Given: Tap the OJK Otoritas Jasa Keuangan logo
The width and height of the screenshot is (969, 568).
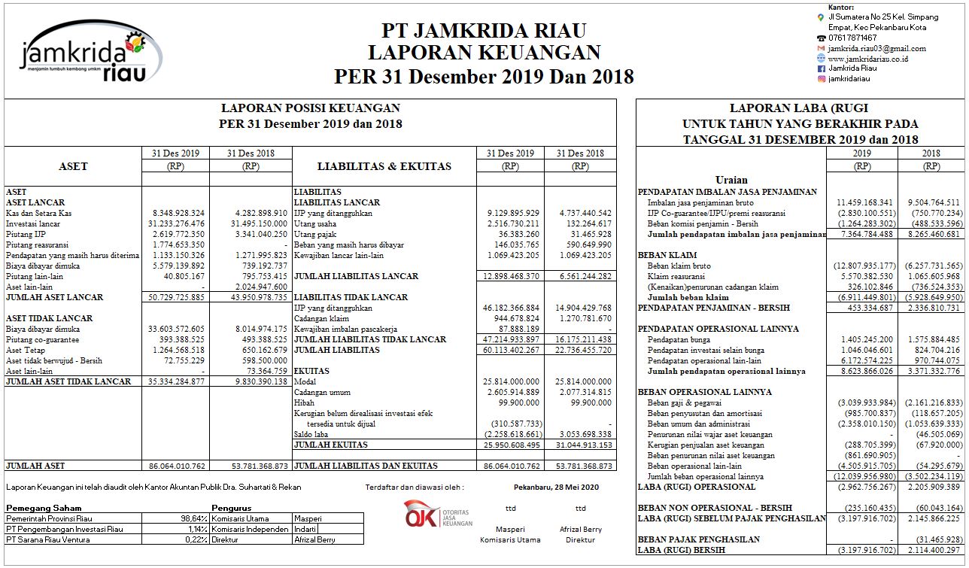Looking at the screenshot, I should pos(439,513).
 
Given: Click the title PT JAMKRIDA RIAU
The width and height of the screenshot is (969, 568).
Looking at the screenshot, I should pos(484,30).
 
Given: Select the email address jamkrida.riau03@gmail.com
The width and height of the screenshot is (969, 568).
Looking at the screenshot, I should pos(876,48).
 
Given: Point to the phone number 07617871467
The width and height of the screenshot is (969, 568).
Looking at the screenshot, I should pos(852,38).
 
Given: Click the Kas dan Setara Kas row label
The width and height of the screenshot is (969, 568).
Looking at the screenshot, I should pos(39,213).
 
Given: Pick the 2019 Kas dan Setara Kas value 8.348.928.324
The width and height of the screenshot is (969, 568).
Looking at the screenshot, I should pos(175,213).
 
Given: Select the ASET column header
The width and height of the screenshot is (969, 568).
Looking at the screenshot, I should pos(73,166).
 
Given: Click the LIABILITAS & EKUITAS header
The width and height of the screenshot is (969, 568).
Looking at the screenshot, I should pos(384,166).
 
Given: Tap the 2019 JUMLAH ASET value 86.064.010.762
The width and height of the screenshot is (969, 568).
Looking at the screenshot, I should pos(175,466).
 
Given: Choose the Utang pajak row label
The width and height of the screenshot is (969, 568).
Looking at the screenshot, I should pos(314,234).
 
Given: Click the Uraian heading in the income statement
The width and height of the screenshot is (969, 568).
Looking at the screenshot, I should pos(731,180).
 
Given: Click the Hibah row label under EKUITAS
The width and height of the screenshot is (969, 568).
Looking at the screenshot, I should pos(304,402).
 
